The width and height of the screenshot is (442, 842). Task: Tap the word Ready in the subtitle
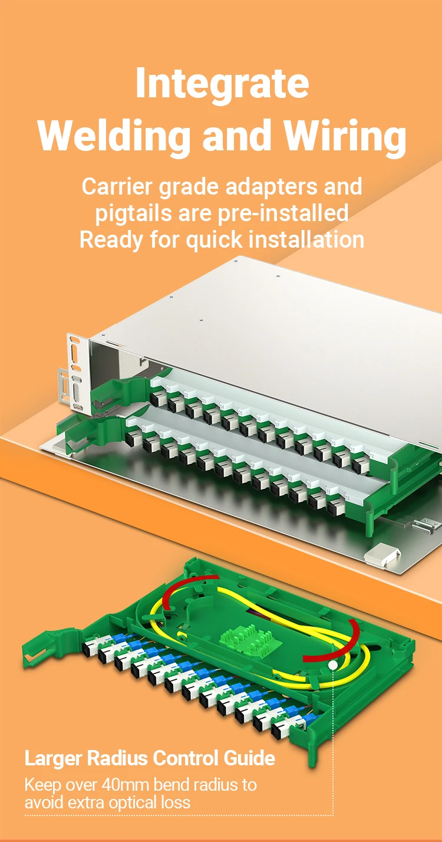click(111, 241)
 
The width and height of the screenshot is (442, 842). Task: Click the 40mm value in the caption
click(126, 784)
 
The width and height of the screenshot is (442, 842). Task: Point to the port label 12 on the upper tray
click(371, 456)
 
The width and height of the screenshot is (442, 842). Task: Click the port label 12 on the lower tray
click(347, 498)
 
